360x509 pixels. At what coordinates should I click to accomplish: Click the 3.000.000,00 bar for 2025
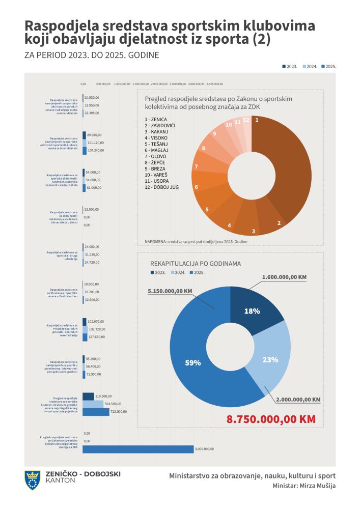pyautogui.click(x=137, y=449)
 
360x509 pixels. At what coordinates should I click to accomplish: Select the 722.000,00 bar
pyautogui.click(x=96, y=412)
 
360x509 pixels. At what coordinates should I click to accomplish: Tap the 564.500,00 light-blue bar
pyautogui.click(x=93, y=404)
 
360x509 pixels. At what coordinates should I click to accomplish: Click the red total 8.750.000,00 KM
pyautogui.click(x=271, y=420)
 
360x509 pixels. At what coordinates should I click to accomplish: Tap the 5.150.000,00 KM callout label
pyautogui.click(x=170, y=291)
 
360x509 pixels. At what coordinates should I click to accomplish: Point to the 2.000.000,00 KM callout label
pyautogui.click(x=298, y=400)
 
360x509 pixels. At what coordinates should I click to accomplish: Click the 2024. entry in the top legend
pyautogui.click(x=311, y=67)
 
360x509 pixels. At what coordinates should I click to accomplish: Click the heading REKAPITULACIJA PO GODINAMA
pyautogui.click(x=196, y=264)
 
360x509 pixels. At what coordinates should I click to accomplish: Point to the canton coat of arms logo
pyautogui.click(x=33, y=480)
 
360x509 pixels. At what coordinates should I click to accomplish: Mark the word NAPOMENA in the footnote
pyautogui.click(x=156, y=241)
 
